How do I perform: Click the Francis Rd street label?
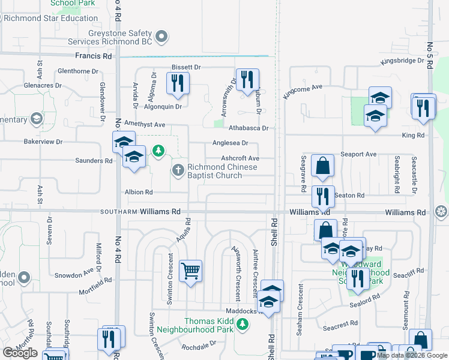click(x=94, y=56)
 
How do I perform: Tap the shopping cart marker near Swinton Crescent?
click(x=190, y=271)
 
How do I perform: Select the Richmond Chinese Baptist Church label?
click(x=214, y=171)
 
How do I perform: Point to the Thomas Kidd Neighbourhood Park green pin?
click(x=243, y=325)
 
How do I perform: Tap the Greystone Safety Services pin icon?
click(x=160, y=38)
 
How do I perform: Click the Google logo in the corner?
click(x=20, y=353)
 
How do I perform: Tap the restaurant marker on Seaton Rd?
click(x=323, y=196)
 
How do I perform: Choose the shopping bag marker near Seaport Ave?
click(x=322, y=165)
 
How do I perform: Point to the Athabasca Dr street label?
click(x=248, y=128)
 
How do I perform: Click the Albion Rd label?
click(x=139, y=193)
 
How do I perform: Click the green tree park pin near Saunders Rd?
click(x=158, y=151)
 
